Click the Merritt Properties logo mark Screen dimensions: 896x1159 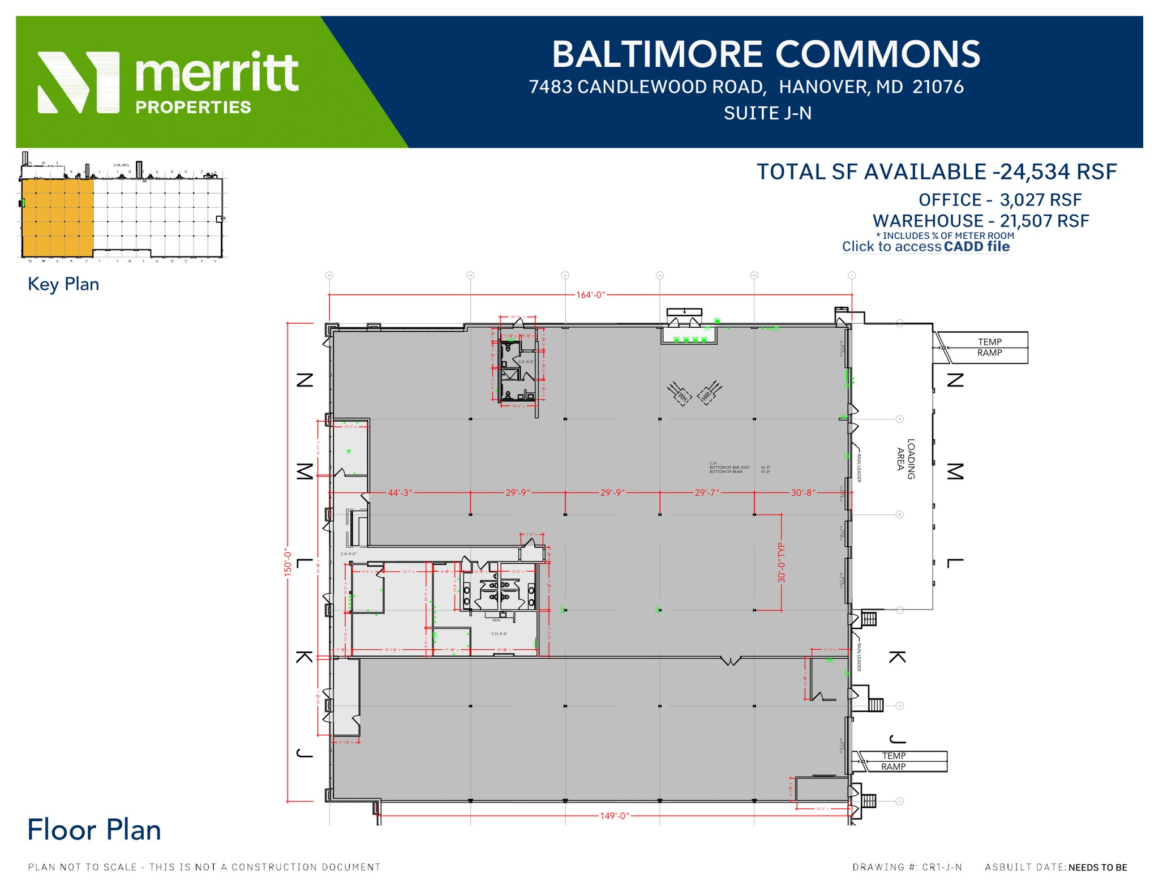[79, 82]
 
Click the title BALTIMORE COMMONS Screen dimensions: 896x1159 [766, 54]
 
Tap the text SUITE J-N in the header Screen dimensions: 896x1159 [767, 113]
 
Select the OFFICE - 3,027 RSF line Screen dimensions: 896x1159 [999, 200]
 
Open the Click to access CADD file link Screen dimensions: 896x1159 [925, 247]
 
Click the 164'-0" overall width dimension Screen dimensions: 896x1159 [590, 295]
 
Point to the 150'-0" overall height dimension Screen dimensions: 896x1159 [288, 562]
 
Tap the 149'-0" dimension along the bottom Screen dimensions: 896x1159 [614, 816]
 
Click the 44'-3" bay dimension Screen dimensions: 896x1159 [400, 492]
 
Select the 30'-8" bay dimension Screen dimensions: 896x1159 [802, 492]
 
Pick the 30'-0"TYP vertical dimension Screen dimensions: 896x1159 [782, 562]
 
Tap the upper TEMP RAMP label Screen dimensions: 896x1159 [989, 347]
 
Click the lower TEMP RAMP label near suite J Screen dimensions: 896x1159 [894, 761]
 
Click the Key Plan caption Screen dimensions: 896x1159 [63, 284]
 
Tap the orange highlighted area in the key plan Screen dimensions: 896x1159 [57, 217]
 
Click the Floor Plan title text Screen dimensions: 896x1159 [94, 830]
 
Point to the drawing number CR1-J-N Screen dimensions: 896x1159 [907, 867]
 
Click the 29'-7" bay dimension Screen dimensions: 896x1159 [707, 492]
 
